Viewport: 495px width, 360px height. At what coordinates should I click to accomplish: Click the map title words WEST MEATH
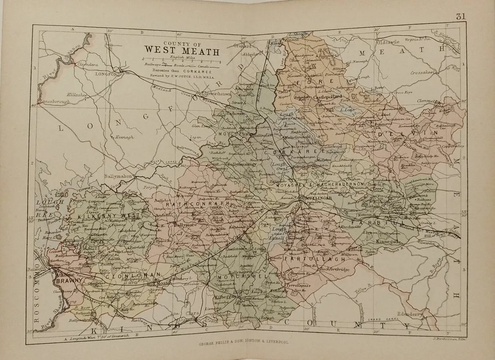click(181, 51)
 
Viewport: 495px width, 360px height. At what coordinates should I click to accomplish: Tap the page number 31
click(461, 17)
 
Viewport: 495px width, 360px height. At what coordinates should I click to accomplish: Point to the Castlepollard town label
click(328, 97)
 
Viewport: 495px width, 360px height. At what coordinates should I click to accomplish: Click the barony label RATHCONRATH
click(191, 204)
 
